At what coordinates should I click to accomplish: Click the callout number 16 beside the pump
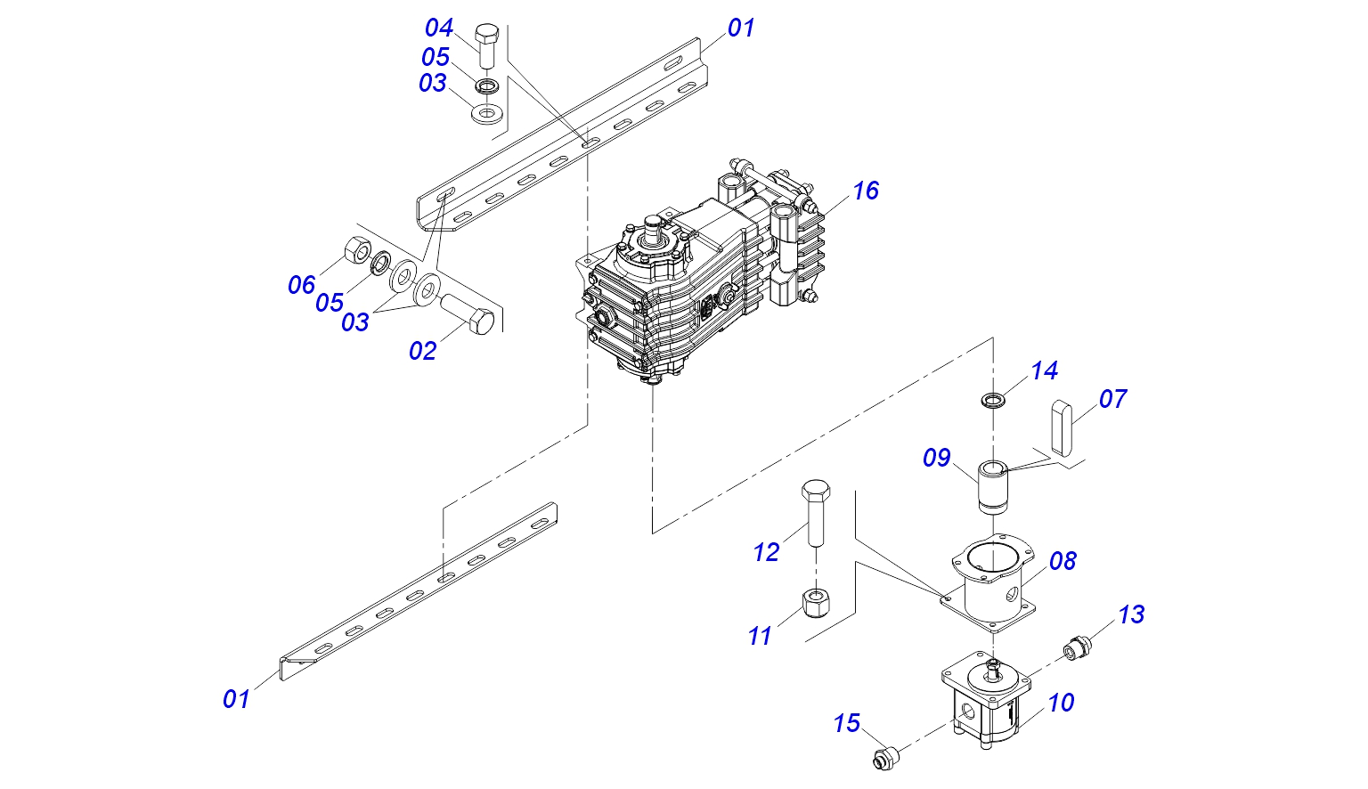(x=866, y=191)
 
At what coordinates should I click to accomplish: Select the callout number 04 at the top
(x=439, y=28)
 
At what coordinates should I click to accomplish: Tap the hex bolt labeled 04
(x=487, y=46)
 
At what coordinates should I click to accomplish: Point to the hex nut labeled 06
(x=357, y=248)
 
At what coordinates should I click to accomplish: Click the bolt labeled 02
(x=467, y=313)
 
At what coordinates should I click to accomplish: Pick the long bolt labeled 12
(x=815, y=513)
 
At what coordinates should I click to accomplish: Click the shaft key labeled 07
(x=1062, y=428)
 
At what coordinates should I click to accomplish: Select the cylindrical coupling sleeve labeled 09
(x=993, y=488)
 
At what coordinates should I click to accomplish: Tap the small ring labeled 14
(x=993, y=402)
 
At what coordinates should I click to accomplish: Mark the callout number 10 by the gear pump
(x=1061, y=703)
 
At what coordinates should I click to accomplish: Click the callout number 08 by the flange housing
(x=1063, y=561)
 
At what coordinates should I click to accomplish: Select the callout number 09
(x=937, y=458)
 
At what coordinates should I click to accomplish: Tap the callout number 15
(x=847, y=723)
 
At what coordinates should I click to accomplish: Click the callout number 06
(x=302, y=285)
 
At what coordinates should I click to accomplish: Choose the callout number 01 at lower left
(x=236, y=699)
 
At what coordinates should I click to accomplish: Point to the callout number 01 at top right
(x=741, y=28)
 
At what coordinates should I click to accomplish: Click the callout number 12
(x=767, y=552)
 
